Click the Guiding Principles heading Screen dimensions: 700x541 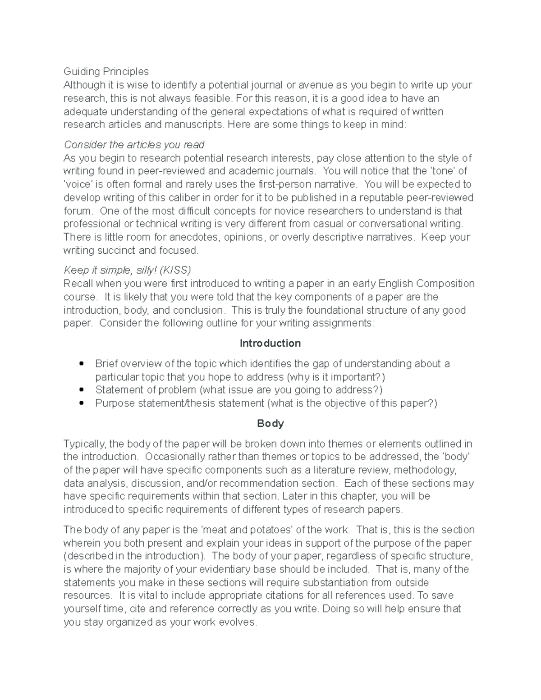click(106, 72)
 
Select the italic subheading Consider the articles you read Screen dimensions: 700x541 click(134, 145)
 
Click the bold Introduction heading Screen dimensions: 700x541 click(270, 343)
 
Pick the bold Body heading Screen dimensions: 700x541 click(270, 424)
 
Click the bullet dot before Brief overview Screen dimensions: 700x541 click(82, 363)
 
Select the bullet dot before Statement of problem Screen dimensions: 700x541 click(82, 389)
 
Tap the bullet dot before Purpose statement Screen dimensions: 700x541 click(82, 403)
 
